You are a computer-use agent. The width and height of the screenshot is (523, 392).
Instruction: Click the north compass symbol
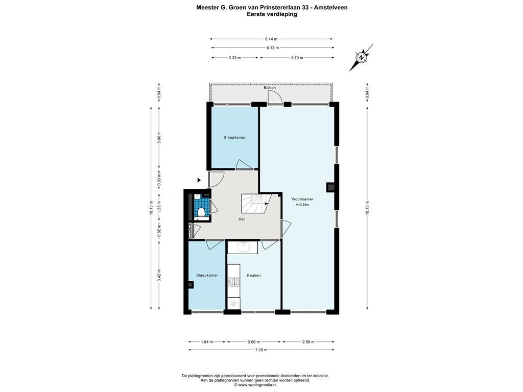361,58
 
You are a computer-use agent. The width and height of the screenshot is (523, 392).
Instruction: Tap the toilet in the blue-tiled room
201,212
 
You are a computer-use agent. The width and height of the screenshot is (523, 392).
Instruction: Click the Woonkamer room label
302,200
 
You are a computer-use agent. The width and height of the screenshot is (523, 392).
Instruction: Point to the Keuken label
253,275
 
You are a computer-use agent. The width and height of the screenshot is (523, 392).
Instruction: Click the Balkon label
270,88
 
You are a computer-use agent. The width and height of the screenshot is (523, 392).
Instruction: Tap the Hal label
242,219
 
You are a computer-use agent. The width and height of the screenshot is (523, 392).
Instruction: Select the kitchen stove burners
233,282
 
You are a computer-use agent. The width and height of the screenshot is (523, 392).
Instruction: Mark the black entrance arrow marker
199,180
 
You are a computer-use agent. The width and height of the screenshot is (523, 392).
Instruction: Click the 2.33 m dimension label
234,58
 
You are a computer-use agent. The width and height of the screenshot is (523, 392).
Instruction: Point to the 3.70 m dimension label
297,58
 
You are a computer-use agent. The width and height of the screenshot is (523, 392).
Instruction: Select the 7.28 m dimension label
261,350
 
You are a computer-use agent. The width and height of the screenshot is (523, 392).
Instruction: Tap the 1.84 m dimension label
207,341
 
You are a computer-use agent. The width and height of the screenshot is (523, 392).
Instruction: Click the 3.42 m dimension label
159,275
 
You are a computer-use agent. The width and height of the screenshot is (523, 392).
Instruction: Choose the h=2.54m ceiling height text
302,205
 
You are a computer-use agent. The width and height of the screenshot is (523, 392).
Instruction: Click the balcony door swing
275,97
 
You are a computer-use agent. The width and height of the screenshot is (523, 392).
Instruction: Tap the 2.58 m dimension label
308,341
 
